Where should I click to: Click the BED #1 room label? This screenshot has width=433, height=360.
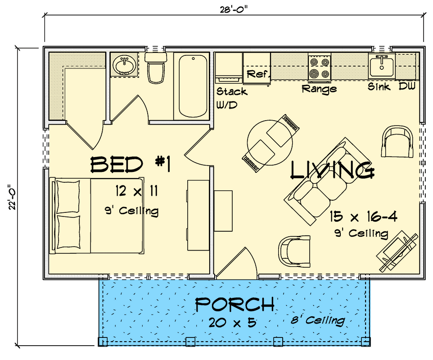(131, 165)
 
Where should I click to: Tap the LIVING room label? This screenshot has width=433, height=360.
(333, 171)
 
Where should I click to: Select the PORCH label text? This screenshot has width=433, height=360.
(235, 304)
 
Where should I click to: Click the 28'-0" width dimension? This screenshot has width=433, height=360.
(234, 10)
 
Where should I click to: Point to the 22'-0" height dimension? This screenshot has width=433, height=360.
(12, 197)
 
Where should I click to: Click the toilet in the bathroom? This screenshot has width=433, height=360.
(156, 67)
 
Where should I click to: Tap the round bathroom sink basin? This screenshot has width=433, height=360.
(125, 66)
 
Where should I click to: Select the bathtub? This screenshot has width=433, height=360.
(193, 85)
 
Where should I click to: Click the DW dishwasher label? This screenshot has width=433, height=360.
(407, 86)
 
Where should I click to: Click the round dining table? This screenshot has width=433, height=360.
(270, 143)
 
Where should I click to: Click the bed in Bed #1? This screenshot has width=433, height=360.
(97, 216)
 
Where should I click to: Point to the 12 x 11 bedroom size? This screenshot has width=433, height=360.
(137, 191)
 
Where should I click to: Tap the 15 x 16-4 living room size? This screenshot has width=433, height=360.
(364, 217)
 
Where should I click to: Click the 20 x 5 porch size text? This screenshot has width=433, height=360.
(233, 323)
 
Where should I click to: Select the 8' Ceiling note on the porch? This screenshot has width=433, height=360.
(318, 320)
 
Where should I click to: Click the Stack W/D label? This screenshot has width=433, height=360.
(231, 98)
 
